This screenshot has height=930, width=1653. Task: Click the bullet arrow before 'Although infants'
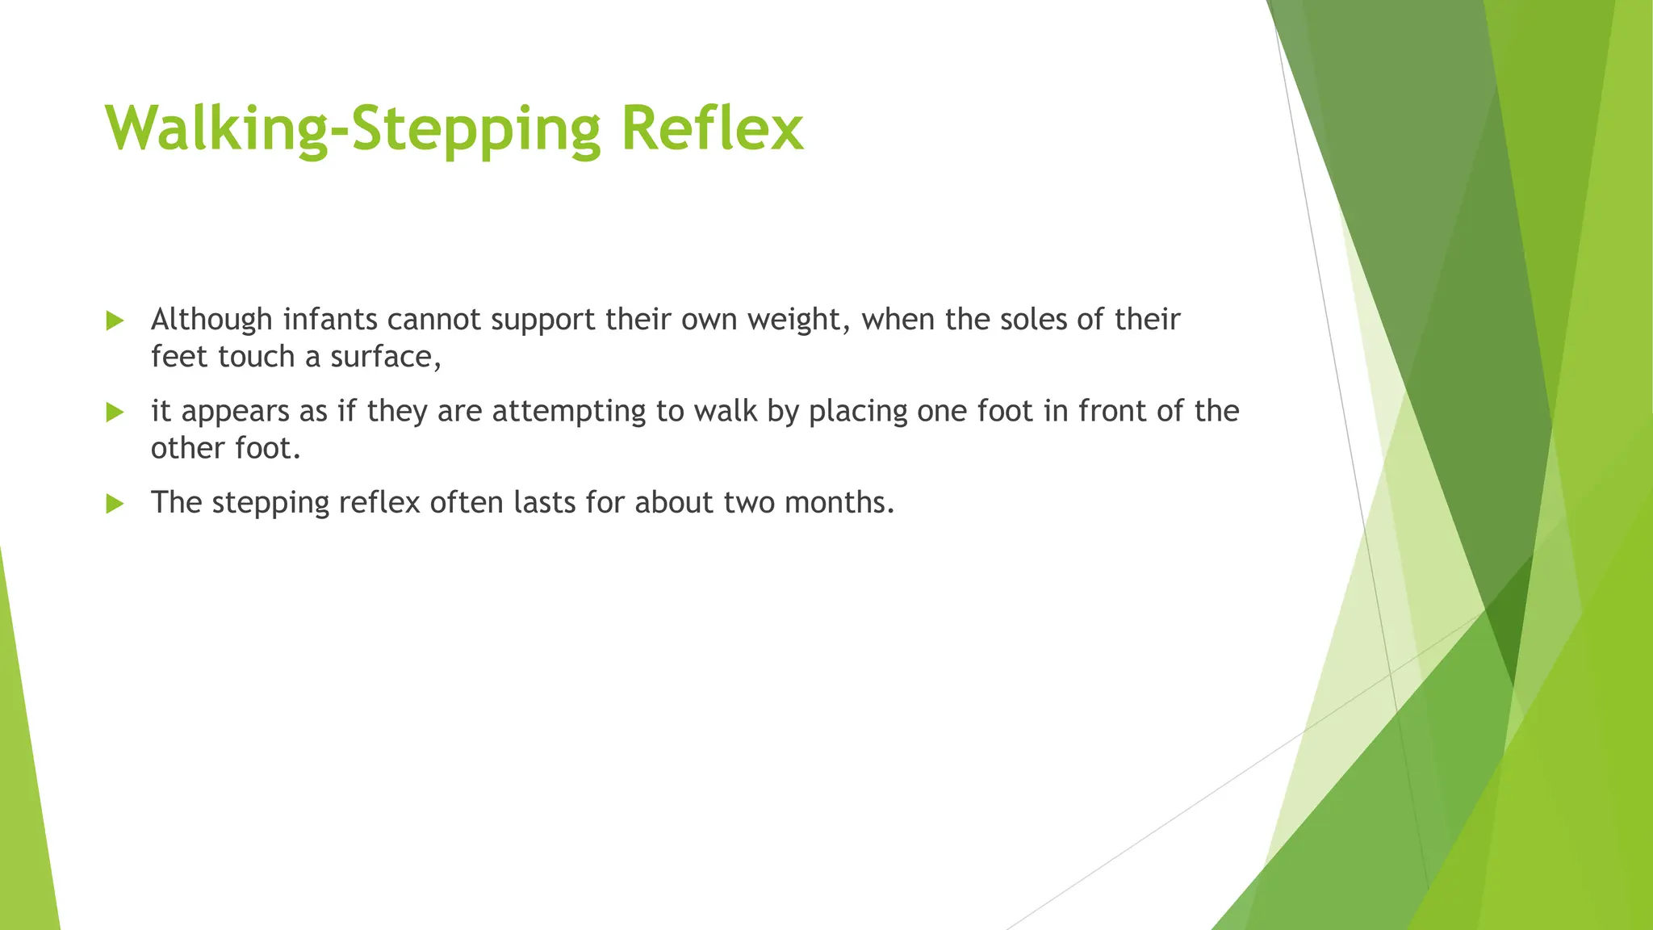(115, 321)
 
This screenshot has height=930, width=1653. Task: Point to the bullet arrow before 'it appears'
(115, 413)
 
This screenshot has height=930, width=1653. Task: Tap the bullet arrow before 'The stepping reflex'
(115, 505)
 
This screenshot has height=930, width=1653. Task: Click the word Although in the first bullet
(211, 320)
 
